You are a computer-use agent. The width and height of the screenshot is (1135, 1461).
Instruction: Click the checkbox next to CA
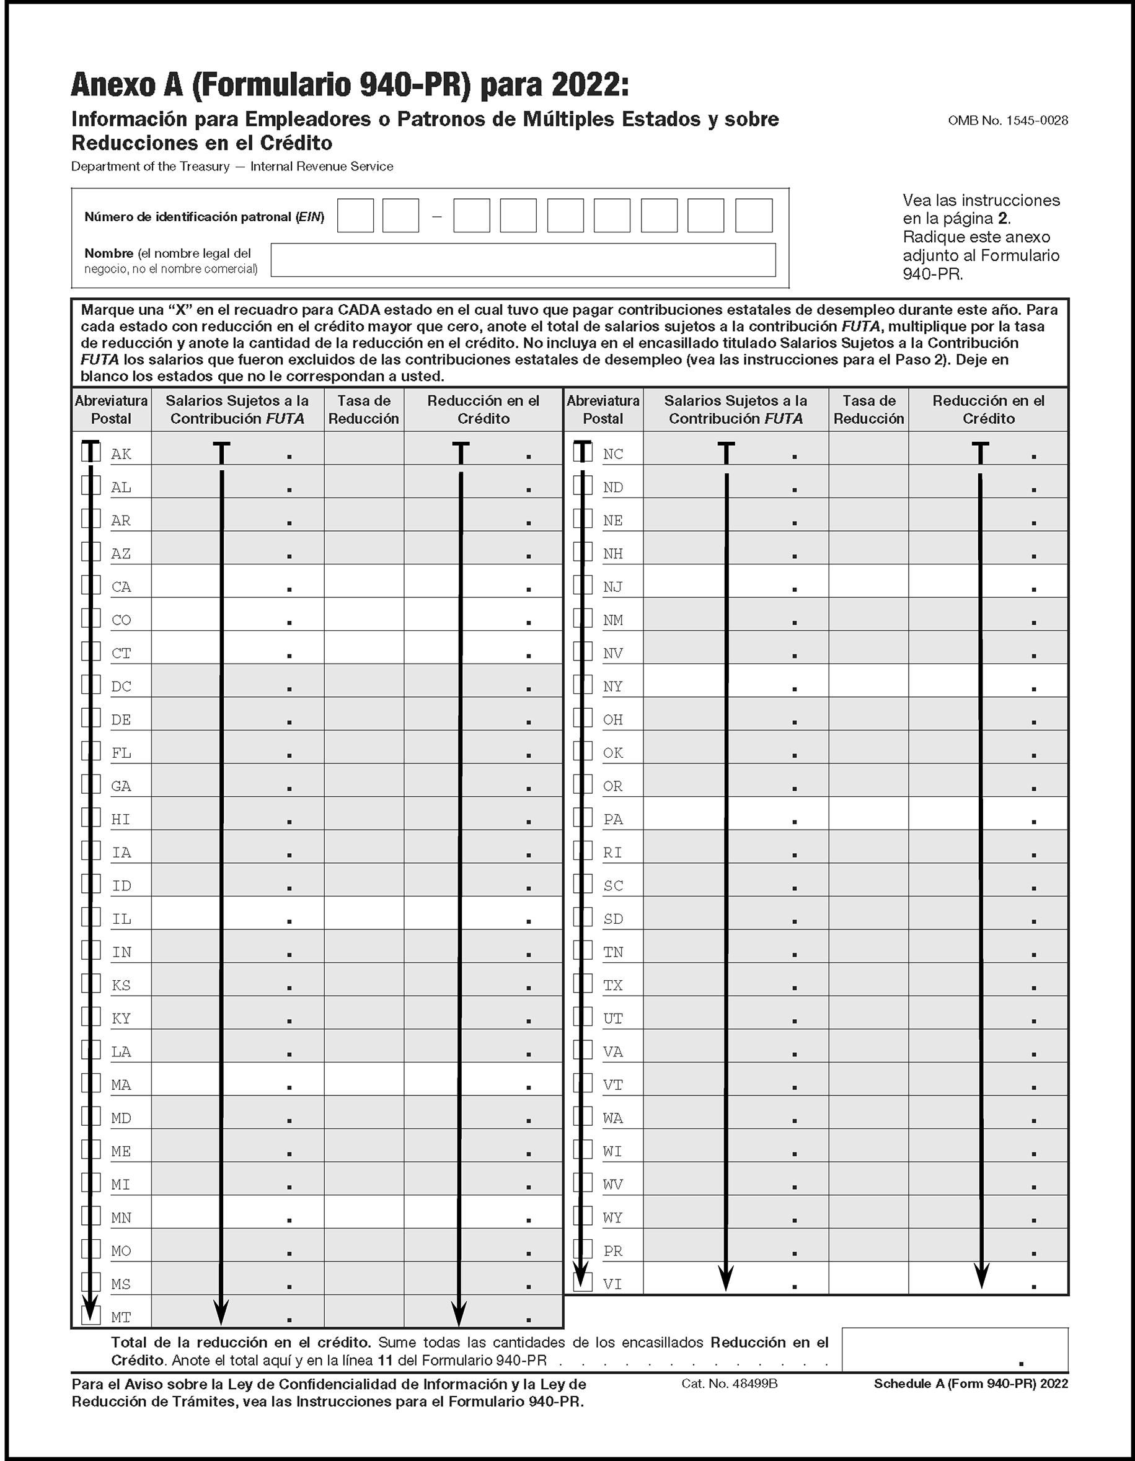point(91,585)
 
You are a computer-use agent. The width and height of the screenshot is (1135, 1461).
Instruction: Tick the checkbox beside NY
point(583,685)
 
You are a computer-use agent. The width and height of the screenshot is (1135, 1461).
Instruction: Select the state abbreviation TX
point(612,985)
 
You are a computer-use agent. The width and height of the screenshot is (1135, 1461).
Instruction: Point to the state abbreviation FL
point(121,753)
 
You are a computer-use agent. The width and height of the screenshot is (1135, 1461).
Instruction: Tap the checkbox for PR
point(583,1249)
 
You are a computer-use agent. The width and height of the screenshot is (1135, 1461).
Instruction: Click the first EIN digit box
point(355,216)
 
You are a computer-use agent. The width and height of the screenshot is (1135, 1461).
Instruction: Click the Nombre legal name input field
point(523,260)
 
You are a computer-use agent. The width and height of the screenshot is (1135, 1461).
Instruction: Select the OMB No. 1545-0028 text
point(1007,120)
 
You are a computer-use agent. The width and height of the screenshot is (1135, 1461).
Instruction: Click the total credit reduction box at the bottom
point(955,1350)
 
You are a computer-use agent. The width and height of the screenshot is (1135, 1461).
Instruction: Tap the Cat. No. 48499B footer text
point(729,1384)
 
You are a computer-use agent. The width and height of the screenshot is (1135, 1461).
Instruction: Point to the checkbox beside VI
point(583,1282)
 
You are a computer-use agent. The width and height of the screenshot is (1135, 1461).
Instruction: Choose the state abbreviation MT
point(121,1317)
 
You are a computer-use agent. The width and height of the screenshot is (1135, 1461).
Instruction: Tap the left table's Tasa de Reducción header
point(363,410)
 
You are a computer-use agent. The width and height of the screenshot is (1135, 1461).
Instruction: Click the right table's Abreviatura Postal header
point(603,410)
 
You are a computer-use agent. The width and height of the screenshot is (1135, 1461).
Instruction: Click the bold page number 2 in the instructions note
point(1002,218)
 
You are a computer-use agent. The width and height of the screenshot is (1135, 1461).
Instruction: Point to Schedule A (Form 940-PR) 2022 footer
point(970,1384)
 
